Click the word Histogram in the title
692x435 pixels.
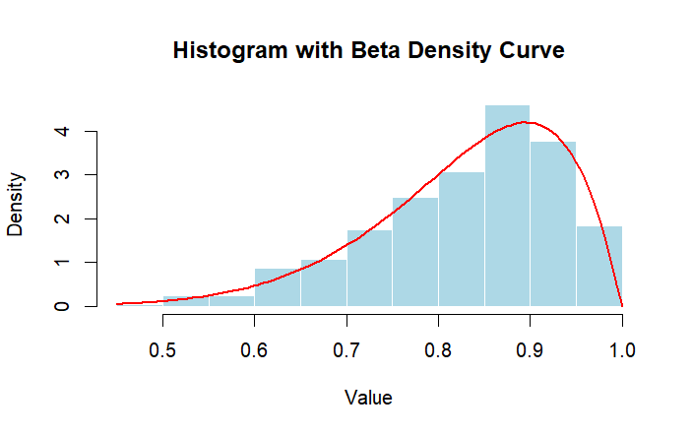[x=226, y=51]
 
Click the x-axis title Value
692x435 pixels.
[x=369, y=398]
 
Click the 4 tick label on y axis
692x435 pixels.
[x=62, y=131]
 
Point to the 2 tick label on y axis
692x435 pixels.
[x=62, y=218]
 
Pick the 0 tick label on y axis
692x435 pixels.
[x=62, y=306]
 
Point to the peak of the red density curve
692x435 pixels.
[x=528, y=122]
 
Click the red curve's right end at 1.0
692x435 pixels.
[x=622, y=305]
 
